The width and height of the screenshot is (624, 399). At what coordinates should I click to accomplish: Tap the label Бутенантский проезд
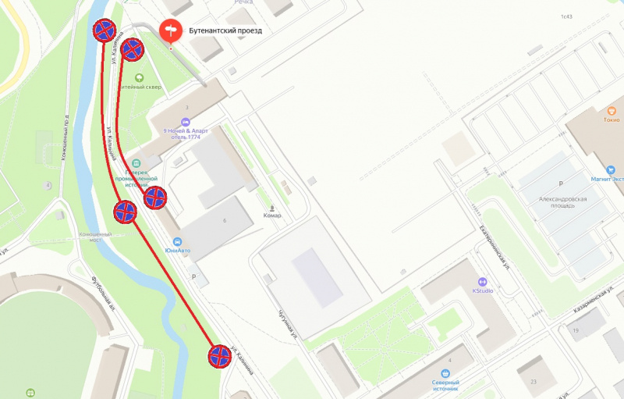click(x=225, y=31)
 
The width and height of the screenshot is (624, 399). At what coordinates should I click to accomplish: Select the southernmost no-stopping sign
click(x=220, y=357)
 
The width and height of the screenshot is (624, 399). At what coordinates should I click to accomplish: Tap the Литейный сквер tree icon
click(x=140, y=77)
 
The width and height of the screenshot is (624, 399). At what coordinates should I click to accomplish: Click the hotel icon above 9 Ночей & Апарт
click(x=185, y=122)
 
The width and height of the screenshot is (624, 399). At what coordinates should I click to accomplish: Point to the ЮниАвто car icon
click(x=177, y=241)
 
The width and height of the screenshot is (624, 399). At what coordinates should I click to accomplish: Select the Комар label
click(x=272, y=215)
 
